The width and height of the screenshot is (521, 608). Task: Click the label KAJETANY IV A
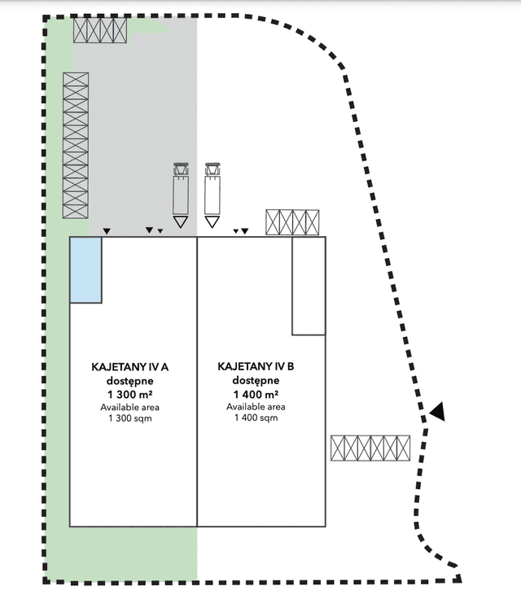(130, 367)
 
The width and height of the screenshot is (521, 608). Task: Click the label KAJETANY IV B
(256, 366)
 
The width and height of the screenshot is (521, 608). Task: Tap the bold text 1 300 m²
(130, 395)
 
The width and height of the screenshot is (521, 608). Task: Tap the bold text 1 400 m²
(256, 395)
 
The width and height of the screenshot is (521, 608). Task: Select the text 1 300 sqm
(130, 418)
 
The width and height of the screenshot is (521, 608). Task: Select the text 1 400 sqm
(256, 418)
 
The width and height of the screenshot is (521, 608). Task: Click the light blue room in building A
(85, 270)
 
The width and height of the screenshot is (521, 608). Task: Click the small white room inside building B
(309, 286)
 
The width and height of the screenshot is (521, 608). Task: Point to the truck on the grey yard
(181, 189)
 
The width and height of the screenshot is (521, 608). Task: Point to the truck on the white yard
(212, 189)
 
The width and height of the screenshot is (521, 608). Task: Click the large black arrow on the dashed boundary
(437, 412)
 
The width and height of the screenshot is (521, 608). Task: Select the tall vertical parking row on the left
(76, 146)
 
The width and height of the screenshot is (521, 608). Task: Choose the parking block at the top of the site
(100, 30)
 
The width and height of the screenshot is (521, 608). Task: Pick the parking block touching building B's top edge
(292, 222)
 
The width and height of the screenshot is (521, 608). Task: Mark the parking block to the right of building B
(370, 448)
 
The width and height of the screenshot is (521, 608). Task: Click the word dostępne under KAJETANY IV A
(130, 381)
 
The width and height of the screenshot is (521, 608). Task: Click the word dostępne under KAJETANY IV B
(256, 380)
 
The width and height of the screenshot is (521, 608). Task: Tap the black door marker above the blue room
(107, 231)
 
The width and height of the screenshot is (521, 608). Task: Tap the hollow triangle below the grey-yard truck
(181, 222)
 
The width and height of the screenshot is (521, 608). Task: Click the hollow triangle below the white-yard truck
(212, 222)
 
